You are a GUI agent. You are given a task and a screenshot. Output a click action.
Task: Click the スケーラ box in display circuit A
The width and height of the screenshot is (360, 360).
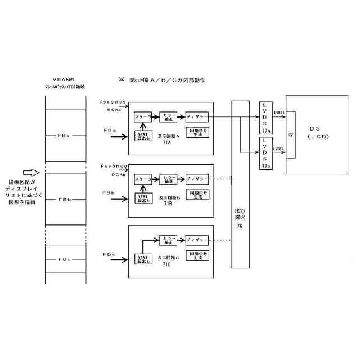(x=143, y=117)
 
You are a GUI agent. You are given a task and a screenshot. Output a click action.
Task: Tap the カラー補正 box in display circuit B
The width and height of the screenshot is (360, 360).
(x=169, y=179)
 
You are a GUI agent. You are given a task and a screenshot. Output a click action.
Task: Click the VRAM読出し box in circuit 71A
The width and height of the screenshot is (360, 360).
(x=143, y=135)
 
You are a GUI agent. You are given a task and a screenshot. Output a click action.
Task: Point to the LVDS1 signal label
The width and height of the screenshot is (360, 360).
(x=280, y=112)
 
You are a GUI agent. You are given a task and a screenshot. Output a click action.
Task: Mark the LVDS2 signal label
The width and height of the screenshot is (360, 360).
(x=279, y=149)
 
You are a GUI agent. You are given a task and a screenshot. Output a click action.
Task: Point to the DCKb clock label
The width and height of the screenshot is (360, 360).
(x=118, y=174)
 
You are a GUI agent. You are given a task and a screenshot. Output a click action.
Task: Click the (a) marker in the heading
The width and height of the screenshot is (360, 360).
(x=120, y=79)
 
